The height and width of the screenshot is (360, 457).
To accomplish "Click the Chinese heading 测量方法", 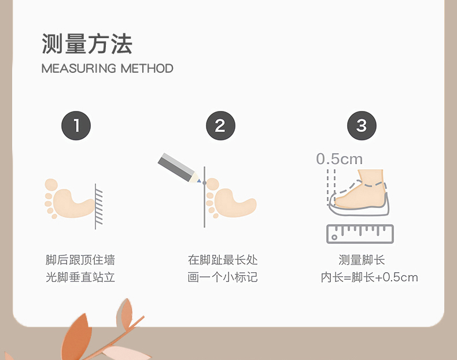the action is pyautogui.click(x=87, y=44).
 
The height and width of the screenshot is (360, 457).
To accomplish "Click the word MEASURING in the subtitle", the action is pyautogui.click(x=79, y=69).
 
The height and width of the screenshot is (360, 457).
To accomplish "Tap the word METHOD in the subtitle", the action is pyautogui.click(x=147, y=69).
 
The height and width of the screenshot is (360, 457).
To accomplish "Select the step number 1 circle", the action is pyautogui.click(x=76, y=126).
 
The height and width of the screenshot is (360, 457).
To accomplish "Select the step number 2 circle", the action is pyautogui.click(x=220, y=126).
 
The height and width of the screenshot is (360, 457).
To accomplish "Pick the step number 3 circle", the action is pyautogui.click(x=362, y=126).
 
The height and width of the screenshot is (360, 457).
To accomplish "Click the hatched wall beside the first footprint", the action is pyautogui.click(x=98, y=206).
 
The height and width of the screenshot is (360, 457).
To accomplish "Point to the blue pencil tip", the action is pyautogui.click(x=199, y=181).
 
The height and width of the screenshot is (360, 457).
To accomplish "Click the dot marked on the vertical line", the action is pyautogui.click(x=205, y=183).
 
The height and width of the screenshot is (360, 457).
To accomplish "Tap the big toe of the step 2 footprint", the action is pyautogui.click(x=213, y=184).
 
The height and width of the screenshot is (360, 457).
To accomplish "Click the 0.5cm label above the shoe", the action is pyautogui.click(x=339, y=159).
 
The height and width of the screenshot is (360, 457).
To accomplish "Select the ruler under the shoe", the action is pyautogui.click(x=360, y=234).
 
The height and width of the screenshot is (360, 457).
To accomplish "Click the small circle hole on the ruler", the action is pyautogui.click(x=334, y=237).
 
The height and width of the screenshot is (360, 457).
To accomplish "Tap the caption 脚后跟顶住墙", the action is pyautogui.click(x=80, y=260).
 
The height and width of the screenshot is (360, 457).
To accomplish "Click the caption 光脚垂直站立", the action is pyautogui.click(x=80, y=277).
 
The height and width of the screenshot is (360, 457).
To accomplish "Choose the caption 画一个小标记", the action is pyautogui.click(x=223, y=277).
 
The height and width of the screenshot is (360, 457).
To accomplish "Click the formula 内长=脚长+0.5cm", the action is pyautogui.click(x=369, y=277).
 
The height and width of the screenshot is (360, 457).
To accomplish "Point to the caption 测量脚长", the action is pyautogui.click(x=362, y=260).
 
